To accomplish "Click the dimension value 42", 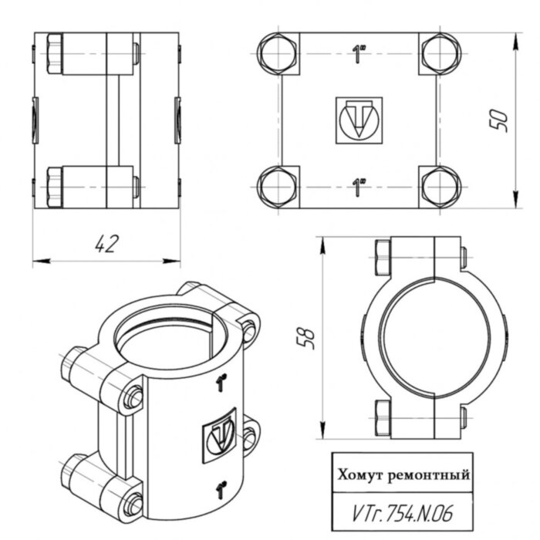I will [x=106, y=244].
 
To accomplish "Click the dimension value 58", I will [x=306, y=339].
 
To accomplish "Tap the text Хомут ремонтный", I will [x=402, y=475].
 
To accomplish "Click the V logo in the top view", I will [x=359, y=120].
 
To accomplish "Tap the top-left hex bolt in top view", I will [x=275, y=54].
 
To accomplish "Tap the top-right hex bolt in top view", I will [x=440, y=54].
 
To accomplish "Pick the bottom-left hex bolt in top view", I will [x=275, y=187].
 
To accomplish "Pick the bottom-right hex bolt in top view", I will [x=440, y=187].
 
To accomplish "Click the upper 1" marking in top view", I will [x=359, y=54].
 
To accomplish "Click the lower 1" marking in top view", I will [x=359, y=187].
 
